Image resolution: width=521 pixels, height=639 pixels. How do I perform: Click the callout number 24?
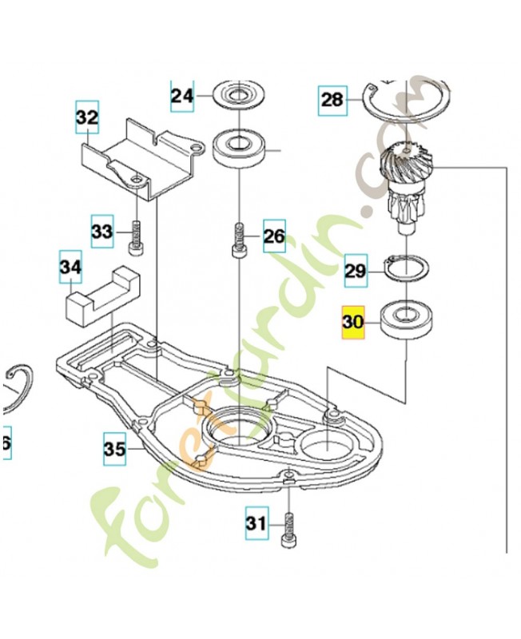[181, 97]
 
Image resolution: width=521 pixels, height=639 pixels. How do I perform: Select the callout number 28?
[332, 100]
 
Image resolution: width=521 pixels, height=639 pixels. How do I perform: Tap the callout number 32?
[87, 117]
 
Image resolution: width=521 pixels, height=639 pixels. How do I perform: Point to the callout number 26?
[273, 236]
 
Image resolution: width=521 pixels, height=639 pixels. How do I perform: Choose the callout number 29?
[355, 271]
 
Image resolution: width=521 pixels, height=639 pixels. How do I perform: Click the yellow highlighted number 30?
[353, 323]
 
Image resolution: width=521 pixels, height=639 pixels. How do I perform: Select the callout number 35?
[115, 450]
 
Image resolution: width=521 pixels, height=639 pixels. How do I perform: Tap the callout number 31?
[255, 524]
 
